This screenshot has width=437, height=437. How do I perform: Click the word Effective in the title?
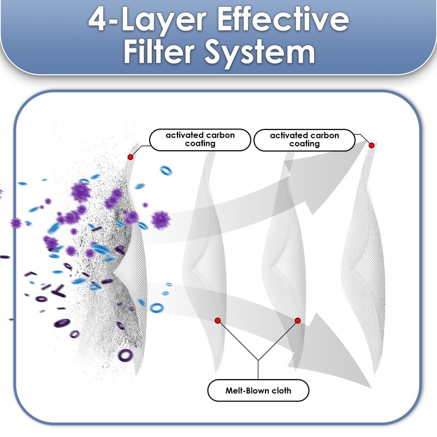[283, 20]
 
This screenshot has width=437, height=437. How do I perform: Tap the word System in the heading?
[260, 52]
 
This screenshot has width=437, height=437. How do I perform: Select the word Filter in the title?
[159, 51]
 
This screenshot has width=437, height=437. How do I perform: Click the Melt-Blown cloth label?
[258, 391]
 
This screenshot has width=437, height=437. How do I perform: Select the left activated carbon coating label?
[200, 140]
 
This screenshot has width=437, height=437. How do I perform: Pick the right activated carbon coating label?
[304, 140]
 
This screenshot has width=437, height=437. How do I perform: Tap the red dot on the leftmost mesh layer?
[130, 157]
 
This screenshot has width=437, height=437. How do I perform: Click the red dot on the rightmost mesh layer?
[371, 145]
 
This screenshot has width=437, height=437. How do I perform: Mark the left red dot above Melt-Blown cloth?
[218, 321]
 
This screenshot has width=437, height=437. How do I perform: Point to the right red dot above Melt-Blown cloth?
[298, 321]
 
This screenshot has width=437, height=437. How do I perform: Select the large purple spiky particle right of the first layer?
[161, 220]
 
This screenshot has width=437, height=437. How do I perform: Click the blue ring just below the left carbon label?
[166, 170]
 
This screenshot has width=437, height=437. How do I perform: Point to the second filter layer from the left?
[205, 262]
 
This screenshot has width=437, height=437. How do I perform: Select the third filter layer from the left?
[285, 262]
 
